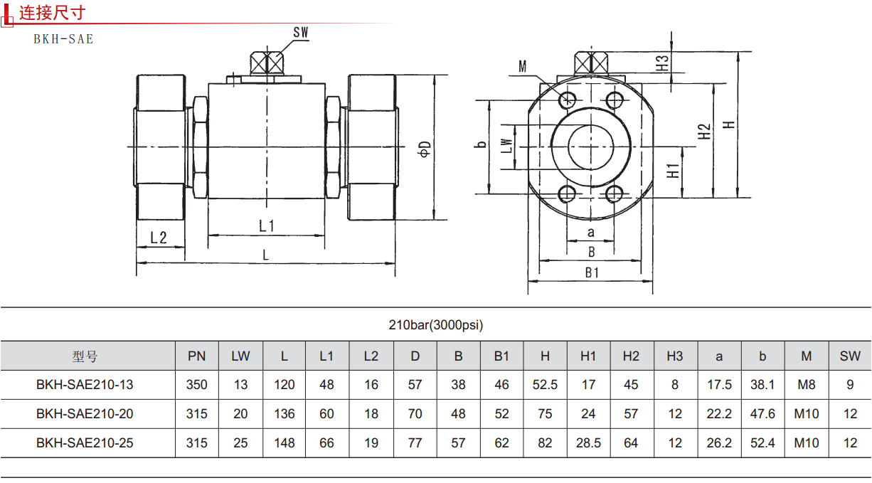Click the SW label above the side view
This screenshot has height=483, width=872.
[x=301, y=32]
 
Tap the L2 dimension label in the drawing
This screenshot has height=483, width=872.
[x=159, y=238]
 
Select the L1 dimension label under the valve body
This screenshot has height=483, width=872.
[x=267, y=225]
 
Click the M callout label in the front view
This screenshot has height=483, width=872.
[x=523, y=67]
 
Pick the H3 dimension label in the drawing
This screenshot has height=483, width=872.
[x=662, y=63]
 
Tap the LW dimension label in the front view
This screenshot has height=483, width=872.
[x=506, y=146]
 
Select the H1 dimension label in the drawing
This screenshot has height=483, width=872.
[x=672, y=170]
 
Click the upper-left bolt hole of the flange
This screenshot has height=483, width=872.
[x=568, y=99]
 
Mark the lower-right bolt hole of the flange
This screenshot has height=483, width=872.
[x=615, y=193]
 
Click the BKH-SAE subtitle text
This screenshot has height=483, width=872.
[x=63, y=39]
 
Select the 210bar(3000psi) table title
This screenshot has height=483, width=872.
[x=435, y=325]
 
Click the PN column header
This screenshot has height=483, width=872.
[x=197, y=356]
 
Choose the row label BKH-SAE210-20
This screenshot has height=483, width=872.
[x=85, y=414]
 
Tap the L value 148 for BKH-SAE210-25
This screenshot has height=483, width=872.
[x=284, y=443]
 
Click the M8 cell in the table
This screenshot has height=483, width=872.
[x=806, y=385]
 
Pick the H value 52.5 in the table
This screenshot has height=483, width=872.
[x=545, y=385]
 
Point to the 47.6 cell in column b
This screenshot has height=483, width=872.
[x=762, y=414]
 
